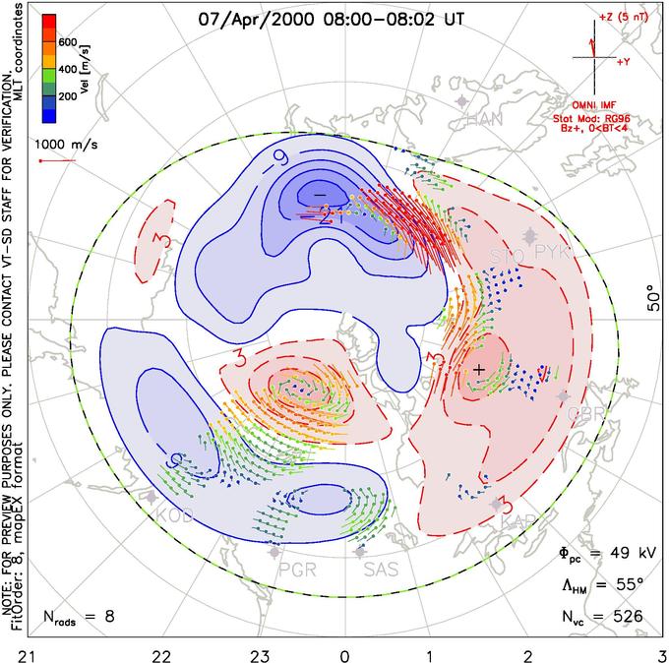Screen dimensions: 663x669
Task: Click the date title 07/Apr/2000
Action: tap(254, 18)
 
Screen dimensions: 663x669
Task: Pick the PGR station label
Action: tap(291, 568)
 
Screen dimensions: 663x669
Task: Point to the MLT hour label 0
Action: tap(344, 653)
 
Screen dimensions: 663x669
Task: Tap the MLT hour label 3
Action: tap(662, 653)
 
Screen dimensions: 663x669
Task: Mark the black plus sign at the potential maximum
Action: tap(479, 369)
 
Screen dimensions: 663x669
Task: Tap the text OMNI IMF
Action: tap(600, 103)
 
